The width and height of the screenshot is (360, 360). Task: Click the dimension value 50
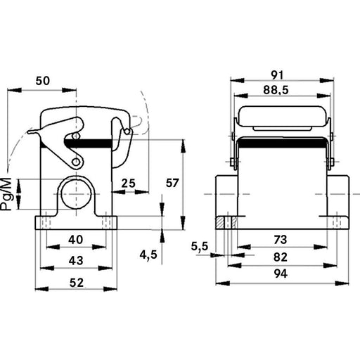coord(43,81)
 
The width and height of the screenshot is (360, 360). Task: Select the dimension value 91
coord(277,75)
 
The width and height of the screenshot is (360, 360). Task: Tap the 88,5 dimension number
coord(276,90)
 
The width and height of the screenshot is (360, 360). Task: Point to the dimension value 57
coord(172,183)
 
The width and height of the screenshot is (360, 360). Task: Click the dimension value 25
coord(129,184)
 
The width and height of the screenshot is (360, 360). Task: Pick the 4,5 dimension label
coord(148,255)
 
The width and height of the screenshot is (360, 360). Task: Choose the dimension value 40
coord(76,240)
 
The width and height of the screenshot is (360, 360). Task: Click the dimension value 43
coord(76,261)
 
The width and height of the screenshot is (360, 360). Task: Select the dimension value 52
coord(77,283)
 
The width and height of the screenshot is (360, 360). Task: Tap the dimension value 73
coord(281,240)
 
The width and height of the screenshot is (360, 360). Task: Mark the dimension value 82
coord(281,257)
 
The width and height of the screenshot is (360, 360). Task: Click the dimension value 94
coord(281,274)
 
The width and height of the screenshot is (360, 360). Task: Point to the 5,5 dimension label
coord(200,247)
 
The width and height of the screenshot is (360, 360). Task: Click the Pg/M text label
coord(6,194)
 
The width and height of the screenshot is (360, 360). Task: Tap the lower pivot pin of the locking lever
coord(75,162)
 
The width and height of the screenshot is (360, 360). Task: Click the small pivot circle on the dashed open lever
coord(127,131)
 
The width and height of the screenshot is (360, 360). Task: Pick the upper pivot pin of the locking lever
coord(75,136)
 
